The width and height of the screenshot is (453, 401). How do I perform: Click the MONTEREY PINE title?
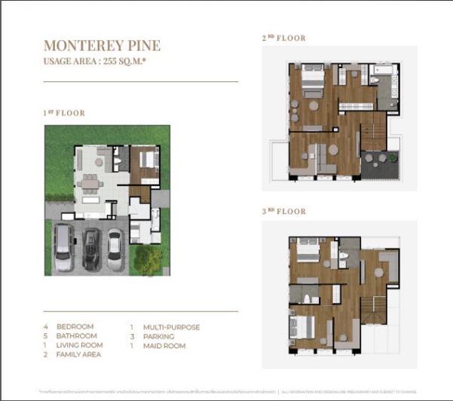click(102, 45)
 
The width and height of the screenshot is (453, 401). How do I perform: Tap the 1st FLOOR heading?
click(64, 113)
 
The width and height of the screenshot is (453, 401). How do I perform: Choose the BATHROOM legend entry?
click(77, 336)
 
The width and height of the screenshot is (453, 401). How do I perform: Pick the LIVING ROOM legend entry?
click(80, 345)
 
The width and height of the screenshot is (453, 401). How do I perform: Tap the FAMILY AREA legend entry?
click(79, 354)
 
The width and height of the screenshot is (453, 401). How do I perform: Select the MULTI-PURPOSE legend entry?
click(171, 327)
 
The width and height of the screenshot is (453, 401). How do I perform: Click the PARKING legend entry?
click(158, 336)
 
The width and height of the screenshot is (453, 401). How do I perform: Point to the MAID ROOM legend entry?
click(163, 345)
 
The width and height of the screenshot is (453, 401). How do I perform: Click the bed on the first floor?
click(145, 161)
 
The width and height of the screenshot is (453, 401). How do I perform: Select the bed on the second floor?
click(311, 81)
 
